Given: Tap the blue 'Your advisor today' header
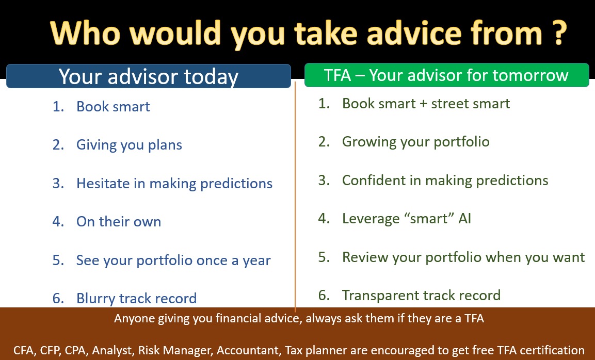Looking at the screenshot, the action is point(149,76).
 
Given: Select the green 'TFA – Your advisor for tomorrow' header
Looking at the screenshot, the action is point(446,75).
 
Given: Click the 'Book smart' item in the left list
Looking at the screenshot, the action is point(113,107).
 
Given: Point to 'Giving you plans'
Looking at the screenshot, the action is point(129,145).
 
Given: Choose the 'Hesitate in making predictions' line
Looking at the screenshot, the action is point(174,184).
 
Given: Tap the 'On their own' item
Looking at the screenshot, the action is point(119,222).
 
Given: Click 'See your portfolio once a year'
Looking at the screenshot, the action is point(173,260).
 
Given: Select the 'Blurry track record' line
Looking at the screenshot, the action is point(137,299).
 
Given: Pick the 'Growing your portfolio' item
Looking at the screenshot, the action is point(415,142).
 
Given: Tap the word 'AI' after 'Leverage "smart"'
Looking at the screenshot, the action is point(464,219).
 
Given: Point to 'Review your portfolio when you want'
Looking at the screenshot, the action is point(463,257).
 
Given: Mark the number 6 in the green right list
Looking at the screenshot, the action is point(324,296).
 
